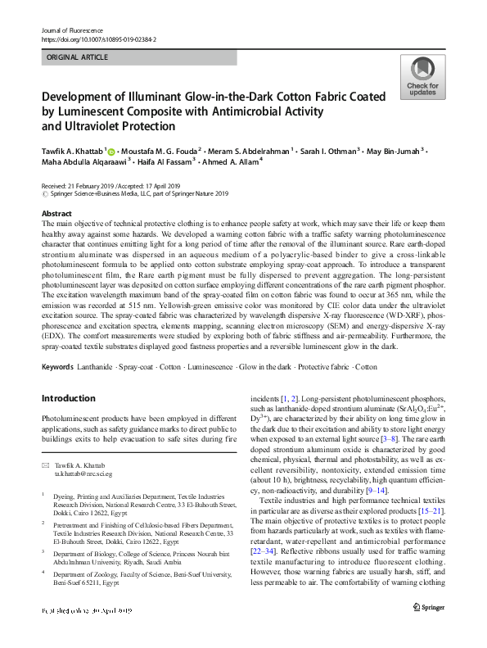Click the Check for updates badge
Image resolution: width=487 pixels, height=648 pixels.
click(x=422, y=78)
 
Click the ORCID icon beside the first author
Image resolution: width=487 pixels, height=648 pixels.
click(x=111, y=152)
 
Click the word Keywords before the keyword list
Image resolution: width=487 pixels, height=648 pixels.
click(x=57, y=366)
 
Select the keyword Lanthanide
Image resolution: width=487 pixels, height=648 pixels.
click(x=95, y=366)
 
